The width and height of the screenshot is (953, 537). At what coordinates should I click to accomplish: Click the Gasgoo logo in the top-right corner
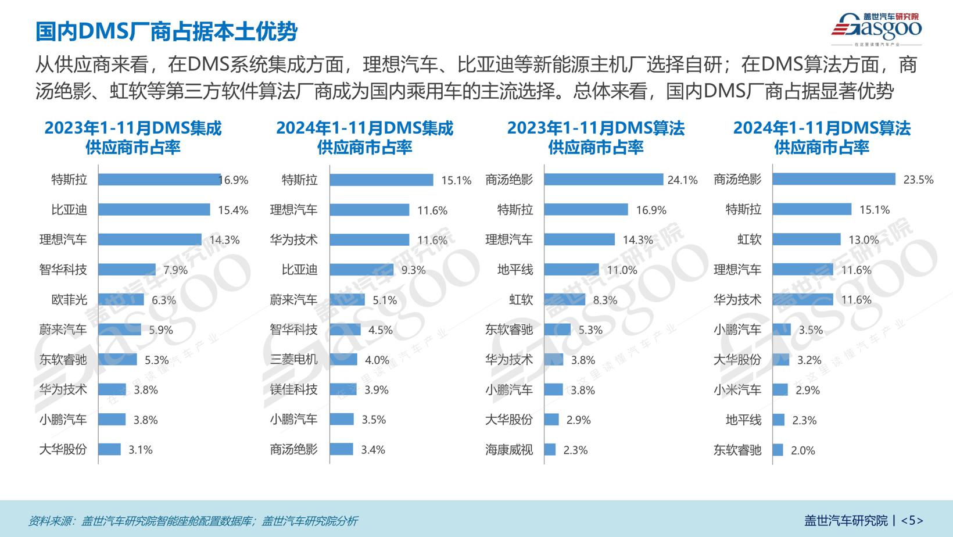[x=876, y=29]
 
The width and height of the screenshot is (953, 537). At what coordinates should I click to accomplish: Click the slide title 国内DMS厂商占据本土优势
[x=166, y=31]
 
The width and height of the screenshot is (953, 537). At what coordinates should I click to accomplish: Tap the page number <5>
[x=912, y=520]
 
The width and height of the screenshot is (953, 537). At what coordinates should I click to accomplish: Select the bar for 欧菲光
[x=121, y=299]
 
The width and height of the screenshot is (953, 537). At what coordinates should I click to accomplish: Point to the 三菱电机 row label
[x=293, y=360]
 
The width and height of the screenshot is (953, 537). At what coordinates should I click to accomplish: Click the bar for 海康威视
[x=550, y=449]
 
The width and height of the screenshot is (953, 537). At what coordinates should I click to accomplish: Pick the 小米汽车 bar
[x=780, y=389]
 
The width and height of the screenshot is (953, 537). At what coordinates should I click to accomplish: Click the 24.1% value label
[x=682, y=180]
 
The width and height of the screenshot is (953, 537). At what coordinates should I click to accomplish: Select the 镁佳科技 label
[x=293, y=389]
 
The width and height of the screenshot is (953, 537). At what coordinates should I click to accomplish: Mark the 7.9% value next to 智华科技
[x=175, y=270]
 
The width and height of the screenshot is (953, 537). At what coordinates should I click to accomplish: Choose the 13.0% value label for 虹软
[x=864, y=240]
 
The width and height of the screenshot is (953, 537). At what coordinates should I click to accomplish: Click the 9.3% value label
[x=413, y=270]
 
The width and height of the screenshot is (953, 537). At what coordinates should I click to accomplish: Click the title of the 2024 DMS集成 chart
[x=364, y=138]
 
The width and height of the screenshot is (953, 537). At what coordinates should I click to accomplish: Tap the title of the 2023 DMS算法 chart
[x=596, y=138]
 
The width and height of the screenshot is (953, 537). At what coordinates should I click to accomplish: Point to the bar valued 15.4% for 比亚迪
[x=154, y=209]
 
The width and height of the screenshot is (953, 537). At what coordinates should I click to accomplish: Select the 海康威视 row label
[x=509, y=450]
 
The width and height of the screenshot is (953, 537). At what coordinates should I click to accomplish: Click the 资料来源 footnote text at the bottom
[x=193, y=521]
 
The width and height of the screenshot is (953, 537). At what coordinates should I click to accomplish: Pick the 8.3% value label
[x=605, y=300]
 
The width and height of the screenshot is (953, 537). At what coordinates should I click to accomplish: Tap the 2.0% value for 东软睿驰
[x=802, y=450]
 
